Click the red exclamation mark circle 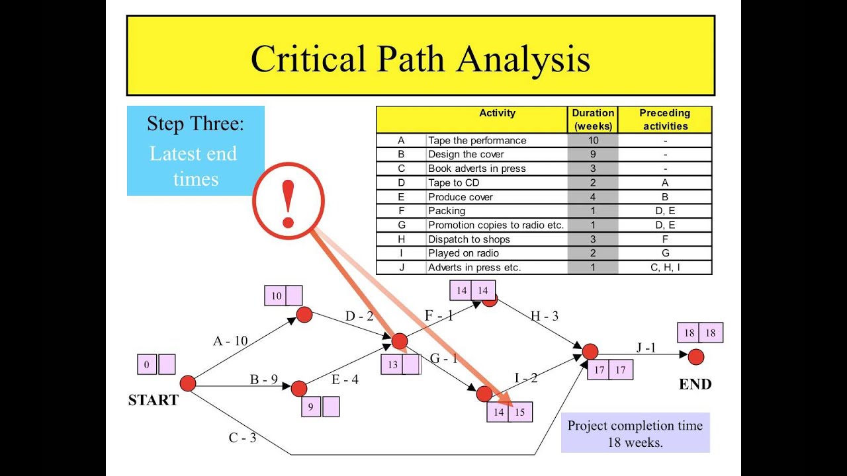click(x=288, y=200)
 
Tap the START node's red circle click(x=188, y=383)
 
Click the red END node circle click(x=696, y=357)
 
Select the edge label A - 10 click(x=230, y=340)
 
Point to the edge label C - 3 click(x=242, y=438)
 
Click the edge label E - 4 click(x=345, y=379)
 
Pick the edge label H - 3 click(x=545, y=316)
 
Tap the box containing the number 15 click(x=520, y=412)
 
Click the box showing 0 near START click(x=147, y=364)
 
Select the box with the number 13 click(x=392, y=364)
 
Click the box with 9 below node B click(x=311, y=407)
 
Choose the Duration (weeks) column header click(x=592, y=120)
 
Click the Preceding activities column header click(x=665, y=120)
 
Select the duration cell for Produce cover click(x=592, y=197)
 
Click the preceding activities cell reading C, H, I click(x=665, y=268)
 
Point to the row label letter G click(x=402, y=225)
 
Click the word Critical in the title click(x=308, y=59)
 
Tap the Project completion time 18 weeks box click(x=635, y=433)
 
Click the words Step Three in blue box click(x=195, y=124)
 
